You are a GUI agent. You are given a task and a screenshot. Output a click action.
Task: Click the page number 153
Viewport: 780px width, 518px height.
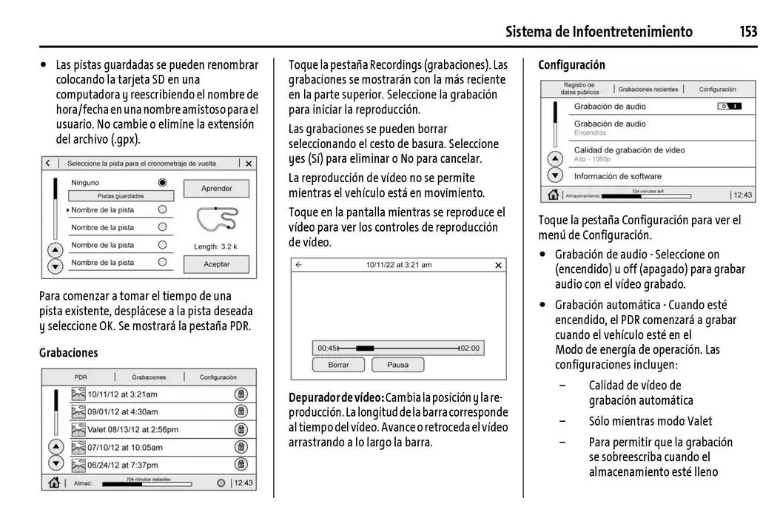(747, 31)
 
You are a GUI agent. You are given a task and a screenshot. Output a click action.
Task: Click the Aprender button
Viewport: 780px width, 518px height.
(216, 189)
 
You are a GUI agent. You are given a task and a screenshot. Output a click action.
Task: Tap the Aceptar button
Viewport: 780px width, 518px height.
(216, 263)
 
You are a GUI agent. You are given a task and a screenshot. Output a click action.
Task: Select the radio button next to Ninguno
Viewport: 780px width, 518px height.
(162, 182)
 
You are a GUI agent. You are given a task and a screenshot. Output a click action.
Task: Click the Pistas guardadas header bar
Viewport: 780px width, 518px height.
(121, 196)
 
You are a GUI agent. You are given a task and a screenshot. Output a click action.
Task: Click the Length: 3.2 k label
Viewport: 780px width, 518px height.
(215, 246)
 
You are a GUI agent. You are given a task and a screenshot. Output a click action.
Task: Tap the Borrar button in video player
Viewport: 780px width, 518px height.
(338, 365)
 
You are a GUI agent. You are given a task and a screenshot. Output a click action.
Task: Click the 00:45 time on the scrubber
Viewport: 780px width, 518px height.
(326, 348)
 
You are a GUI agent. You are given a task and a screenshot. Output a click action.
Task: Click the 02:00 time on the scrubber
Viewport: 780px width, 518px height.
(470, 348)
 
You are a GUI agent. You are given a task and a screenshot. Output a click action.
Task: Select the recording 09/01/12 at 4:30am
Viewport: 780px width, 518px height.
(122, 411)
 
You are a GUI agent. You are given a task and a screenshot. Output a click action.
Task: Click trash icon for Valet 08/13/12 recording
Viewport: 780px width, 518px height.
(241, 429)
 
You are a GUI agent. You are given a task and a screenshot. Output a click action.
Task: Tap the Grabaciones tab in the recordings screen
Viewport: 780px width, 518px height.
(149, 377)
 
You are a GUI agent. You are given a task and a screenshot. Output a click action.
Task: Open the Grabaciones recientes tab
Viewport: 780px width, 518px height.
(648, 90)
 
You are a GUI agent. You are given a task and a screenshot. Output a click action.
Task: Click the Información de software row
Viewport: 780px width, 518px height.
(617, 176)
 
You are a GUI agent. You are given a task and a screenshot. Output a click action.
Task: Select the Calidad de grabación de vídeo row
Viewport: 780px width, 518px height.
(629, 152)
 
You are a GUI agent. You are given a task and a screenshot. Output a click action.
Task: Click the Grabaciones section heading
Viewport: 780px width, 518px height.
(68, 353)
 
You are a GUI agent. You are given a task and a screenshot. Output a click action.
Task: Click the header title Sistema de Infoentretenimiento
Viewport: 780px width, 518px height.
(599, 31)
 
